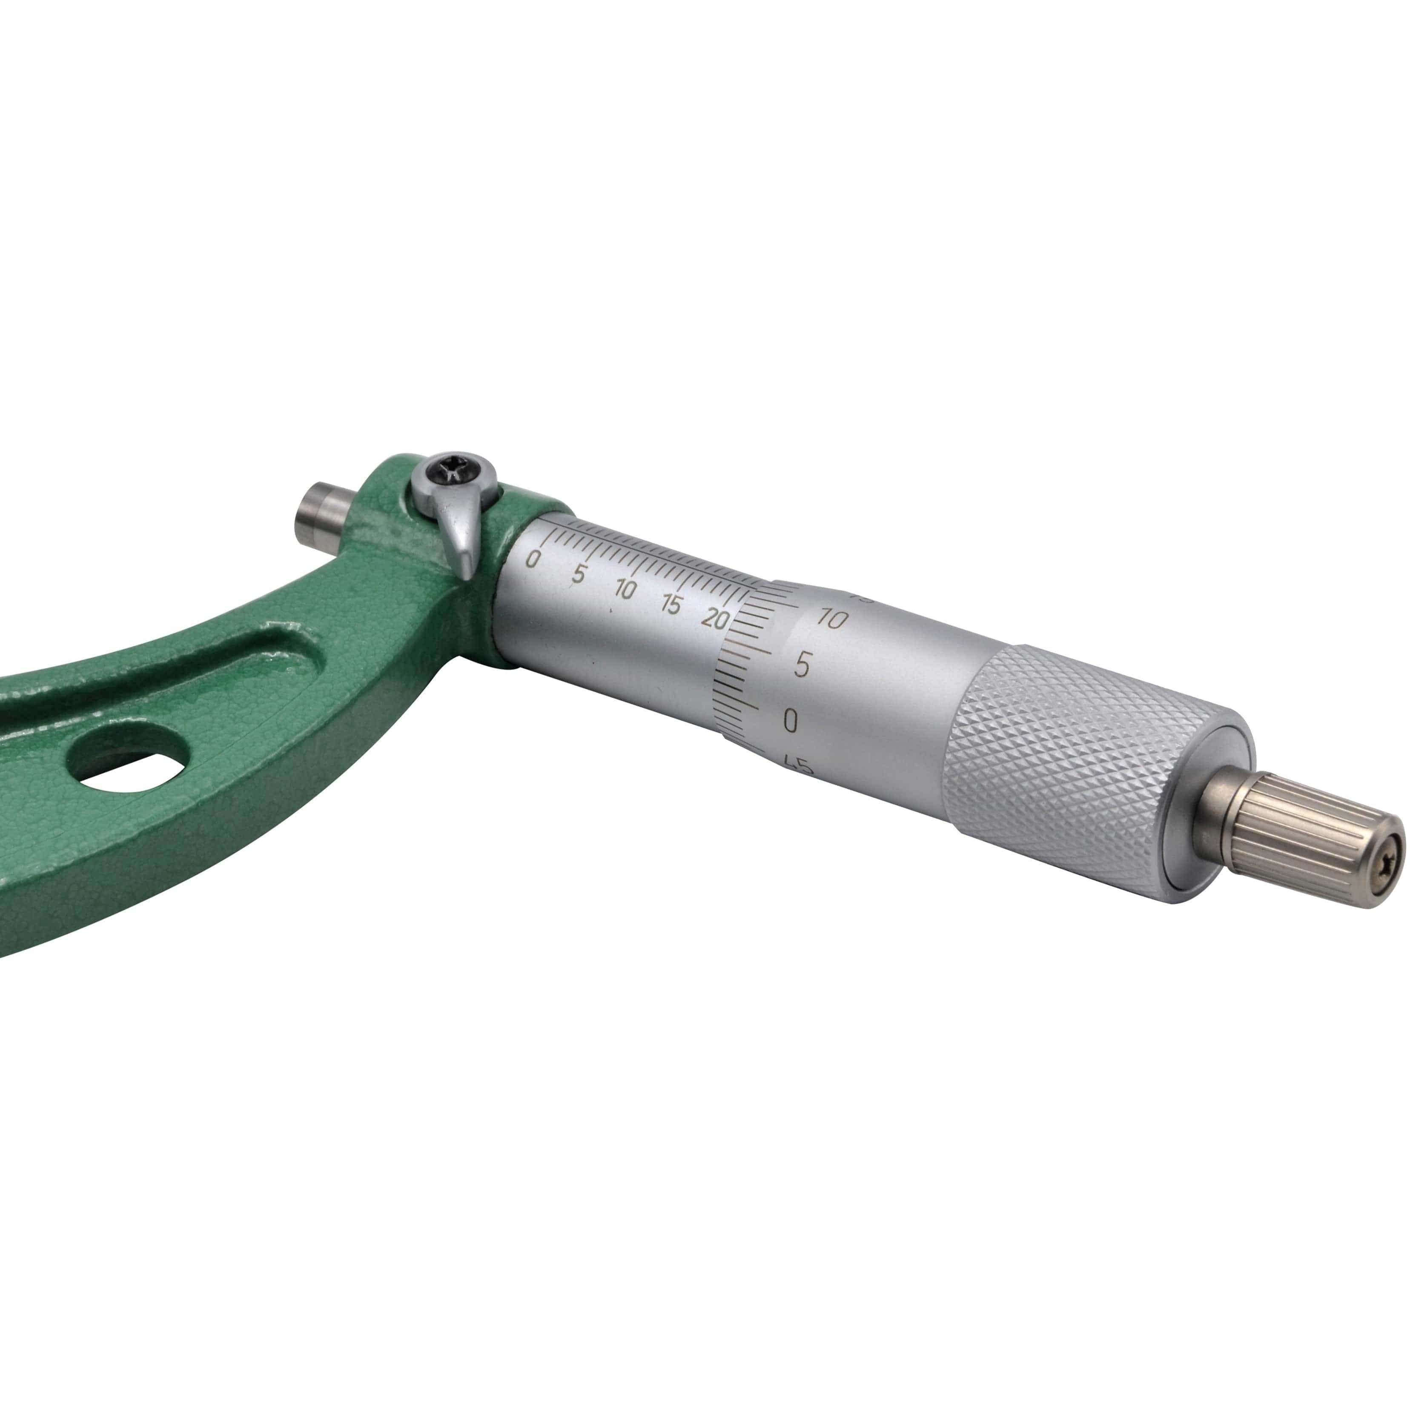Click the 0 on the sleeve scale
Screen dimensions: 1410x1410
pyautogui.click(x=533, y=560)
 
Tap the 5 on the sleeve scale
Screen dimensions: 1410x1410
pyautogui.click(x=578, y=573)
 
